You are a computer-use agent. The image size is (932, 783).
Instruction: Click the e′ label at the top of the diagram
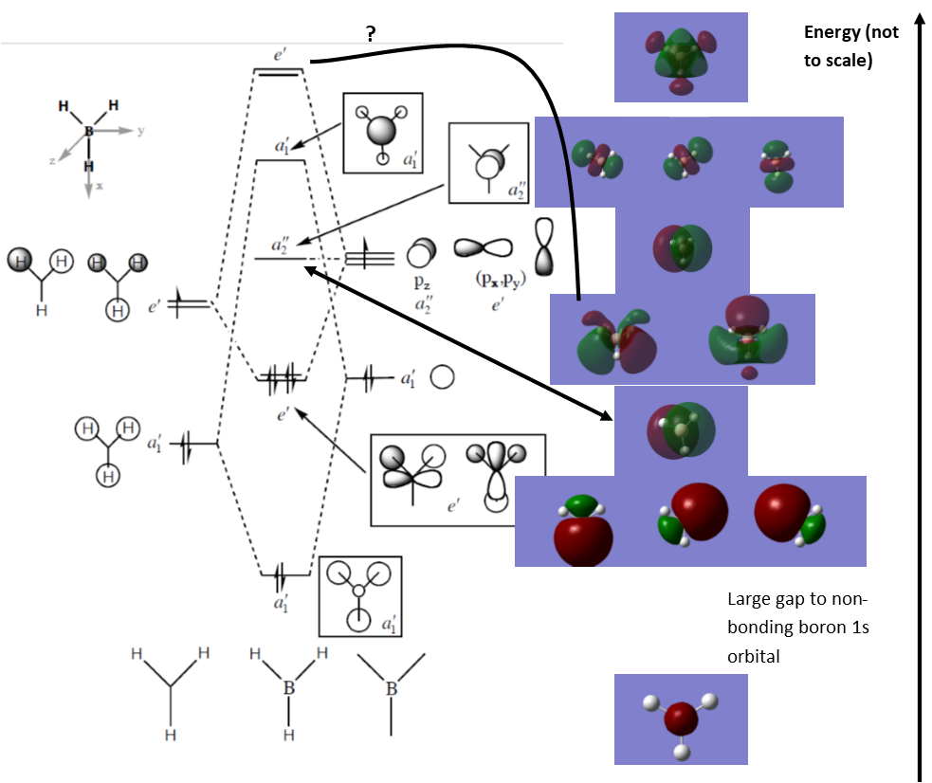click(x=280, y=55)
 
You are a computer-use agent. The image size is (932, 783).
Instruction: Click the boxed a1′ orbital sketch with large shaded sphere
click(x=382, y=133)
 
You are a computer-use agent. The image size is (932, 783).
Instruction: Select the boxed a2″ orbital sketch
click(x=488, y=163)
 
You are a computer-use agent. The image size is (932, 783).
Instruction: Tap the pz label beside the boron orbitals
click(x=422, y=282)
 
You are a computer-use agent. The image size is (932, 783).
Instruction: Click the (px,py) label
click(x=500, y=281)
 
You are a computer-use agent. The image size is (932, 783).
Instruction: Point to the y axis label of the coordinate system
click(x=141, y=131)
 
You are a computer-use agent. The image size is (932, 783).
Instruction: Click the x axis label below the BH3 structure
click(x=100, y=188)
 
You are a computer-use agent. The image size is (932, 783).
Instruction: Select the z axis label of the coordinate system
click(x=52, y=161)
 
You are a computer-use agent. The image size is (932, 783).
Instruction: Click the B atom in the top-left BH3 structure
click(x=89, y=132)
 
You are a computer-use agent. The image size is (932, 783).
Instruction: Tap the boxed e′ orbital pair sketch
click(x=457, y=480)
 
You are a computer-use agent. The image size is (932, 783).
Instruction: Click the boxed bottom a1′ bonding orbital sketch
click(x=360, y=596)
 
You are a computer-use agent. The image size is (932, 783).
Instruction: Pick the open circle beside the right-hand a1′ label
click(x=442, y=377)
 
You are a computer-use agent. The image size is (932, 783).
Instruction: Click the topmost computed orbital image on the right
click(x=681, y=57)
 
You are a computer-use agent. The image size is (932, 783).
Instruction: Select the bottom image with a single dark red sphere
click(x=681, y=719)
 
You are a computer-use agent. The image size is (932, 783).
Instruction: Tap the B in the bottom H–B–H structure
click(x=288, y=688)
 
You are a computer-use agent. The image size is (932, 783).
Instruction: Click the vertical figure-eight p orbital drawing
click(x=543, y=247)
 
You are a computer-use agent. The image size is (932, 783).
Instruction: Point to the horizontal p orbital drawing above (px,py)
click(x=483, y=248)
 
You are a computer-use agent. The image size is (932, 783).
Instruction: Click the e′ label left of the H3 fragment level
click(x=155, y=306)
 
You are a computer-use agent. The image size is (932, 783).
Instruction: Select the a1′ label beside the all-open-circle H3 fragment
click(x=155, y=443)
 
